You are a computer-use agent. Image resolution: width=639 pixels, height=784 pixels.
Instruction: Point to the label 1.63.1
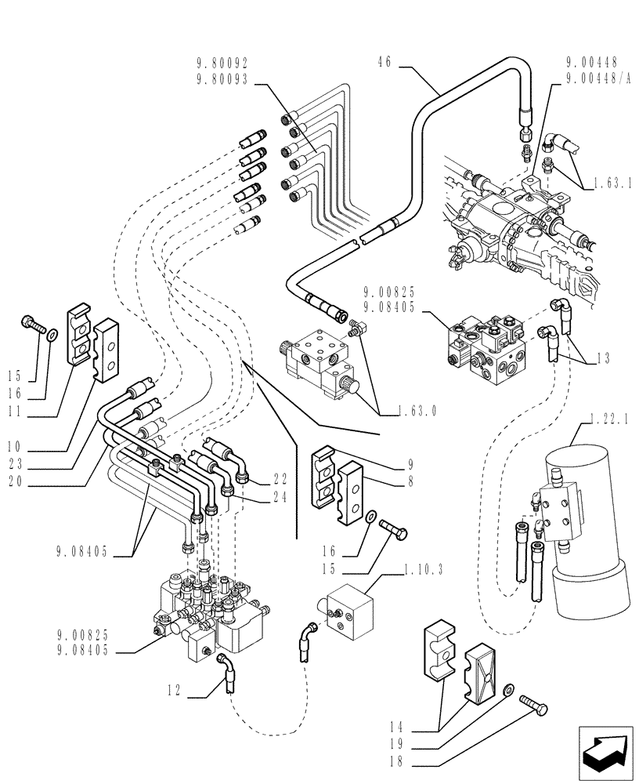click(609, 182)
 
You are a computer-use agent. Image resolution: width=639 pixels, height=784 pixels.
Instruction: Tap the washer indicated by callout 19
click(509, 688)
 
